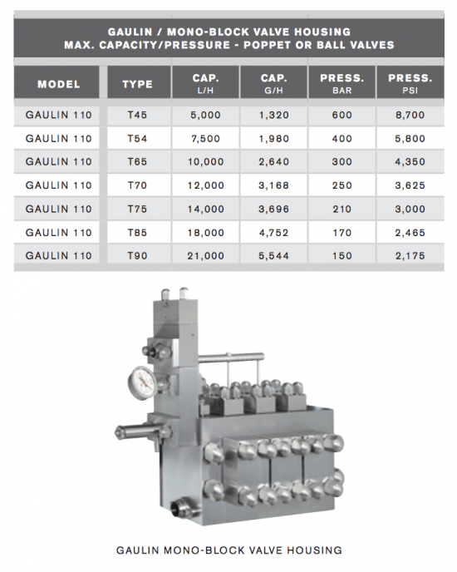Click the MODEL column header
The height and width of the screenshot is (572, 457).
58,84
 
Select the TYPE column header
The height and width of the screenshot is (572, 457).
137,84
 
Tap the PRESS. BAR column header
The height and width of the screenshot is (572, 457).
342,83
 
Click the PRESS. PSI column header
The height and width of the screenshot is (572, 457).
410,83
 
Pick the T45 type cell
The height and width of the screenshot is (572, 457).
137,115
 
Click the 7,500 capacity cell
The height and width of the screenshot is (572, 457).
206,139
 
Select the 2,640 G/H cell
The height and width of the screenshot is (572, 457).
274,161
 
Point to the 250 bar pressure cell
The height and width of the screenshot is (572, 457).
342,185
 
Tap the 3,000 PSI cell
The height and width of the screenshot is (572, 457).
410,209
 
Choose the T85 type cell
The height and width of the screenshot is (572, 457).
137,233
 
